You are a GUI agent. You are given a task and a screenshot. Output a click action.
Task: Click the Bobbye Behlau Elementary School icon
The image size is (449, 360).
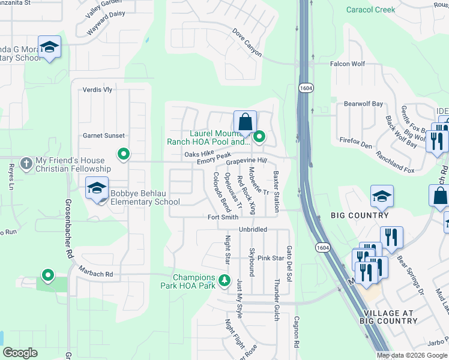point(97,188)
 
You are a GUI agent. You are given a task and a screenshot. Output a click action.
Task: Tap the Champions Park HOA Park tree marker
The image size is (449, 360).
point(224,280)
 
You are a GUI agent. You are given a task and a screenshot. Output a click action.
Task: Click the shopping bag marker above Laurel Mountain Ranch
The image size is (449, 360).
point(245,122)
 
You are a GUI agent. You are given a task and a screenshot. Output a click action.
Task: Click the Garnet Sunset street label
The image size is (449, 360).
point(104,136)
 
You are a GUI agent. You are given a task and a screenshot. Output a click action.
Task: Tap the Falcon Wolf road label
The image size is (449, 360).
point(347,64)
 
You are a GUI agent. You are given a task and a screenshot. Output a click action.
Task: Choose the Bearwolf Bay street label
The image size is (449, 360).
point(363,104)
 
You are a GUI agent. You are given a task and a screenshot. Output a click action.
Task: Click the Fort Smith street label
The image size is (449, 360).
point(223,217)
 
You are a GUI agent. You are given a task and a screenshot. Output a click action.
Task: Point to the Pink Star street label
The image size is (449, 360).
point(270,258)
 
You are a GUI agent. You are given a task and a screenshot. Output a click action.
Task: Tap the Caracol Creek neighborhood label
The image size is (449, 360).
point(371,10)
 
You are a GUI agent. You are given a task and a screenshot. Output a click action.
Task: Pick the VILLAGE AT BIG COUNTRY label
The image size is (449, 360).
point(388,317)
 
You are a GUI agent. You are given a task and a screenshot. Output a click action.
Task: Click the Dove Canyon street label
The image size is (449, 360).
point(247,43)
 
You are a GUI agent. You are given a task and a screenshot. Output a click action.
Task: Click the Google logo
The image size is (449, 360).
point(20,353)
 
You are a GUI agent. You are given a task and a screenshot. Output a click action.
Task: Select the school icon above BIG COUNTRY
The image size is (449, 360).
point(382,196)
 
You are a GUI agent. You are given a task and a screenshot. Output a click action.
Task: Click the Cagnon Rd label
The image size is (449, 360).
point(296,332)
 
